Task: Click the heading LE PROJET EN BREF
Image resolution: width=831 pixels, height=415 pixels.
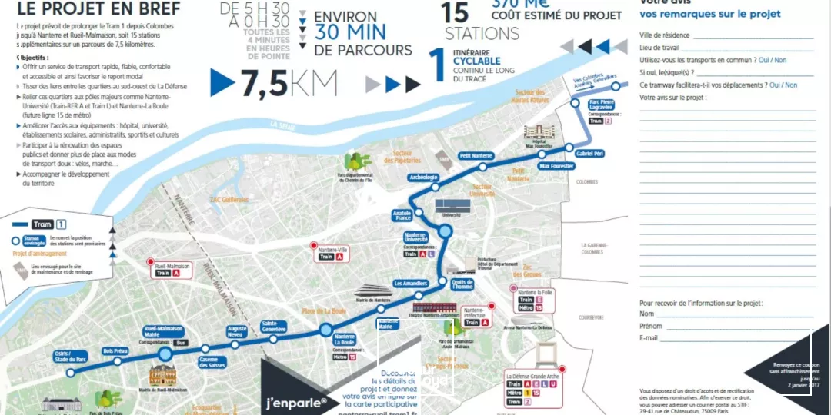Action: tap(98, 8)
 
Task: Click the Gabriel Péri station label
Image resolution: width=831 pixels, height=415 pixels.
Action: tap(590, 154)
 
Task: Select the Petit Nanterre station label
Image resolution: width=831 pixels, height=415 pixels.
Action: tap(476, 155)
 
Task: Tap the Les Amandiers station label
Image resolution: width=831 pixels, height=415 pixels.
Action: tap(409, 283)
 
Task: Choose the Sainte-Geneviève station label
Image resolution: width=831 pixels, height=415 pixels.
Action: tap(274, 326)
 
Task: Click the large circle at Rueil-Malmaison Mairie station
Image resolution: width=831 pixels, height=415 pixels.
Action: tap(165, 354)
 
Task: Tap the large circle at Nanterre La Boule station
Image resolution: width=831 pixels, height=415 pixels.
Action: tap(325, 330)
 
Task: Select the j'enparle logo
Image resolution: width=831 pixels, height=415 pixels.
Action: tap(296, 402)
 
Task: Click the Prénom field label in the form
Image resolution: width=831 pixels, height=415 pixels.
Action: tap(651, 326)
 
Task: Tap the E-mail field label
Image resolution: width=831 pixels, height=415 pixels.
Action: tap(649, 338)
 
